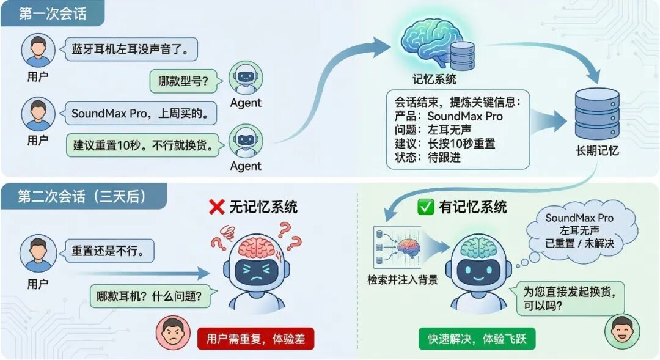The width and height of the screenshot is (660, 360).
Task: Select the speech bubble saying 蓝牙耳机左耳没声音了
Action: click(x=131, y=49)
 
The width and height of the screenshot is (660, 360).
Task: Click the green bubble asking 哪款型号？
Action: click(x=183, y=81)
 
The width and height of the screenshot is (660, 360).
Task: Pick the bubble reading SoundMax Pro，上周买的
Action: click(x=141, y=113)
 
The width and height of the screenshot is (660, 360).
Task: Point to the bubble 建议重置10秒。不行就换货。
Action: click(x=143, y=145)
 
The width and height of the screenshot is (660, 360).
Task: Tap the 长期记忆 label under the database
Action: click(x=597, y=150)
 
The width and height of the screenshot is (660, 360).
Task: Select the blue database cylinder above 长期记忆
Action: click(x=597, y=114)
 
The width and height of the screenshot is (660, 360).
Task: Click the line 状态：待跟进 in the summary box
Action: click(x=428, y=157)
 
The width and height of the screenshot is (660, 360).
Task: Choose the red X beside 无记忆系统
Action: click(x=216, y=207)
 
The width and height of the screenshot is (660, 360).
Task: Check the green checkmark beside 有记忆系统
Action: click(x=425, y=207)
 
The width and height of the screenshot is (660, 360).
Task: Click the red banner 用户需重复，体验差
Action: click(x=255, y=339)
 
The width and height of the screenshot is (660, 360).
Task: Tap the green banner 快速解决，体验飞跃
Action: click(x=477, y=339)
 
